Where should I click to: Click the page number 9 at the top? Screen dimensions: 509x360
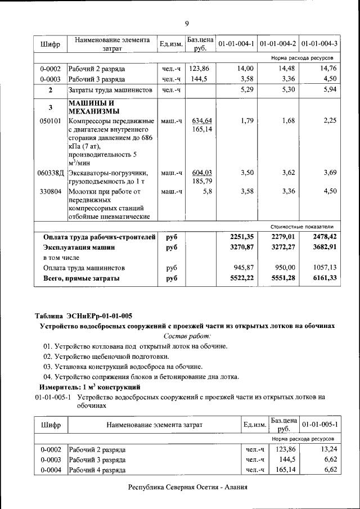click(x=186, y=22)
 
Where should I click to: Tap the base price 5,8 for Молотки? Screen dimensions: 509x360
click(x=206, y=192)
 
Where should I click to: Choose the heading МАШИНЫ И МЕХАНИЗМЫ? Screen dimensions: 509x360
click(x=92, y=107)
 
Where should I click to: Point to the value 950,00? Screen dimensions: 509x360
click(x=284, y=268)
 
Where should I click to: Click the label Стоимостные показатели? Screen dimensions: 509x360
click(x=305, y=226)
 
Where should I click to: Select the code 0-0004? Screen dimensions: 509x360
click(x=51, y=470)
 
